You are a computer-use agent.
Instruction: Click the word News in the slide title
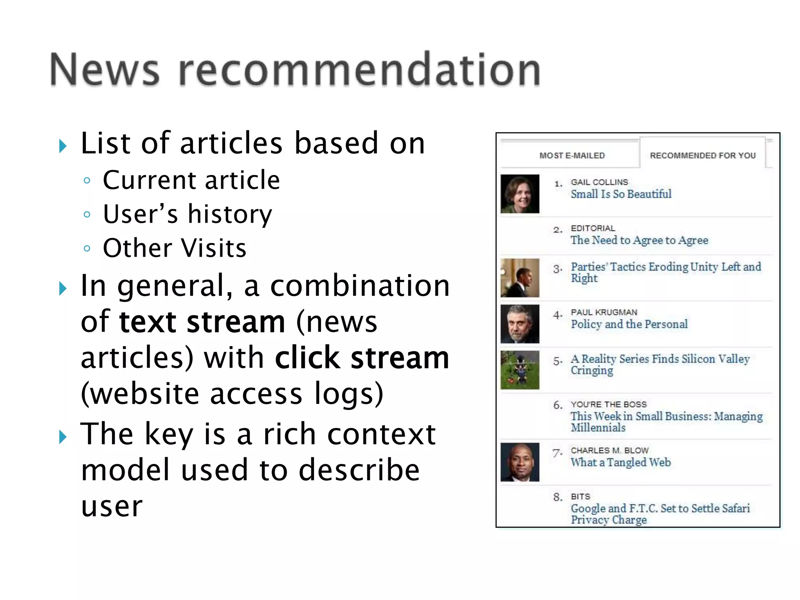click(x=105, y=70)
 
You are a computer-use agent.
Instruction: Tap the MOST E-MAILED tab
click(x=572, y=155)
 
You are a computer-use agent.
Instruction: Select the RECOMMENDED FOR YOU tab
click(x=702, y=155)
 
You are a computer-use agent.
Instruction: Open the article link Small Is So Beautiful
click(x=621, y=194)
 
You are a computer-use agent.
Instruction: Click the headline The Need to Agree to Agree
click(x=639, y=240)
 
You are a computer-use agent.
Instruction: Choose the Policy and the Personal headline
click(x=629, y=324)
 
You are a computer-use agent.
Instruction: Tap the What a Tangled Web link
click(x=620, y=462)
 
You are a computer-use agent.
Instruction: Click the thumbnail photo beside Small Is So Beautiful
click(x=520, y=194)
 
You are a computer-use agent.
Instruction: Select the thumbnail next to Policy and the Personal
click(x=520, y=324)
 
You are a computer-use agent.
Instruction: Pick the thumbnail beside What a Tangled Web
click(x=520, y=462)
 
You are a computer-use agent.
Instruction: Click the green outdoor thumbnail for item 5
click(x=520, y=370)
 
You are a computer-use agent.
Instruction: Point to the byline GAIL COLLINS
click(x=599, y=182)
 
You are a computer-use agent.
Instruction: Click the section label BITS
click(x=580, y=496)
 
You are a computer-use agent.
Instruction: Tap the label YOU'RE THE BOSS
click(x=609, y=404)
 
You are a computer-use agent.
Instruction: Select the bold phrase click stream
click(x=362, y=358)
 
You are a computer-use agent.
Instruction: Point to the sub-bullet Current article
click(x=191, y=180)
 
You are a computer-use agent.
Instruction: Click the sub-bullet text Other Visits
click(x=175, y=248)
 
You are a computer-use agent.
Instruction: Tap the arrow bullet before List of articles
click(x=62, y=146)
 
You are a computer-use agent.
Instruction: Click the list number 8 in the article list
click(x=557, y=497)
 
